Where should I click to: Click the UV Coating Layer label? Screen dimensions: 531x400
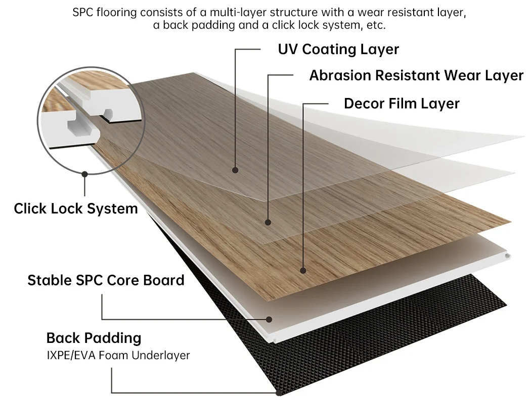click(338, 49)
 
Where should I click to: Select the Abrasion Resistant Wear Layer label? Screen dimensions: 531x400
click(416, 75)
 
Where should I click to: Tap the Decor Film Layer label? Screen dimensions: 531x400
click(402, 104)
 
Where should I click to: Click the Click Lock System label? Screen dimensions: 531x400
click(76, 209)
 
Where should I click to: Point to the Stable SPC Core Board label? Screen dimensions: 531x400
click(106, 280)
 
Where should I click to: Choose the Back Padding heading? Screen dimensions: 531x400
click(94, 338)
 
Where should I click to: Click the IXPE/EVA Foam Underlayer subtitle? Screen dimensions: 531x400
click(118, 356)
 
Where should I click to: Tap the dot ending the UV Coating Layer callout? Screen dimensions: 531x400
click(235, 170)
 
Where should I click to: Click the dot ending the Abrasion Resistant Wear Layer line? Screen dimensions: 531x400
click(268, 222)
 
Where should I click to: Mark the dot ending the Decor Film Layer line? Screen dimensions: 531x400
click(303, 271)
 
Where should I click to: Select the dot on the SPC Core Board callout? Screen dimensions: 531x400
click(269, 319)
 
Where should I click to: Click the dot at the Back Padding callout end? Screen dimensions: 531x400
click(279, 393)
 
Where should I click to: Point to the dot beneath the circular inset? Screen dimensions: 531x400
click(84, 174)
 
